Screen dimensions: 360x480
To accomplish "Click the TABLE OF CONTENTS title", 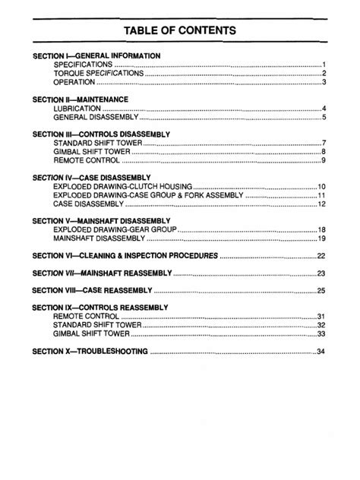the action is coord(180,30).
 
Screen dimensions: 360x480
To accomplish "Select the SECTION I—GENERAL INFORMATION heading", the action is coord(96,55).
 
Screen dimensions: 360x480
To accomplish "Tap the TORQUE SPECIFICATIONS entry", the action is coord(98,73).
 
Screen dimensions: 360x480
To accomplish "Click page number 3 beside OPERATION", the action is coord(323,82).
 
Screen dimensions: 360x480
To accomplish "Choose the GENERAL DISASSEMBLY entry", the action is coord(96,118).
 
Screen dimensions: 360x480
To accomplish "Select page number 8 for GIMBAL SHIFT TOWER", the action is coord(323,152).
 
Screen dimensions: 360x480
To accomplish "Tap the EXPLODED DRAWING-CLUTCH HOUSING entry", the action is coord(123,186).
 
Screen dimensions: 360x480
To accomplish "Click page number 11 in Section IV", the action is coord(321,195).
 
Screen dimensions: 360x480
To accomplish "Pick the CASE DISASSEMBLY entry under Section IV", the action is coord(88,204).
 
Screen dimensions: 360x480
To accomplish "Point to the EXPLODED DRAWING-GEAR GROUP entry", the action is coord(114,229).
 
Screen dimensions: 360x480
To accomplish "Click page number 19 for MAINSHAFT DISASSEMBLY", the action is coord(321,238).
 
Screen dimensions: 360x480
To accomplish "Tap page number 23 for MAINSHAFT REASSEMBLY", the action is coord(321,273).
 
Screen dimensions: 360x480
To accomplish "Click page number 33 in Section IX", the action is coord(321,333).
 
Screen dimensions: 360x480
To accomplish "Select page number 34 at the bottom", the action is coord(321,351).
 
